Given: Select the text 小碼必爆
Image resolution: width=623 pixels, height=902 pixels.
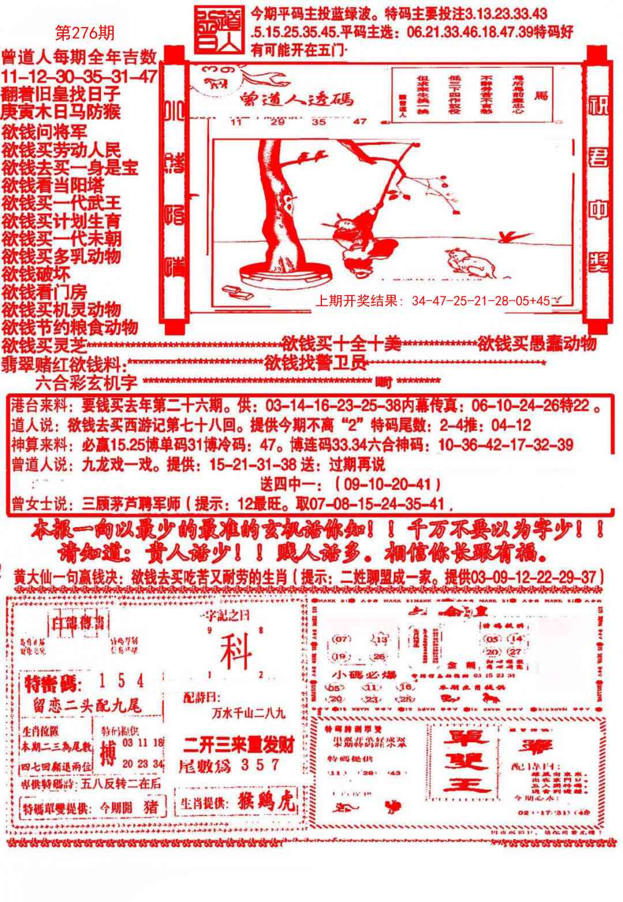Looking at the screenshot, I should [x=356, y=674].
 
